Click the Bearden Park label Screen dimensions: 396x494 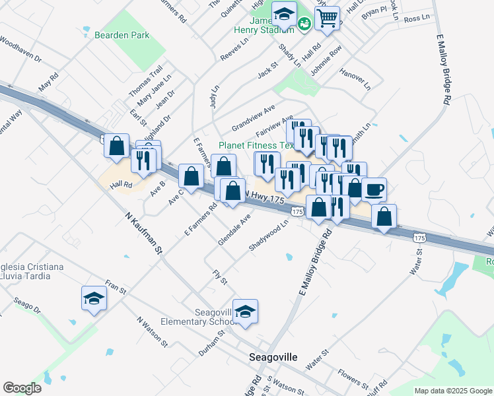tap(122, 36)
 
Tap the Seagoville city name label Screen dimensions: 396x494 tap(273, 357)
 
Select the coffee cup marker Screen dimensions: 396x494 tap(374, 189)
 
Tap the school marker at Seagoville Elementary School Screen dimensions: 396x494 tap(246, 312)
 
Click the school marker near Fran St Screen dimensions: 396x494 tap(94, 298)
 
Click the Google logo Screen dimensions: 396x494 tap(22, 387)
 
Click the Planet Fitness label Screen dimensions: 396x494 tap(256, 145)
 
